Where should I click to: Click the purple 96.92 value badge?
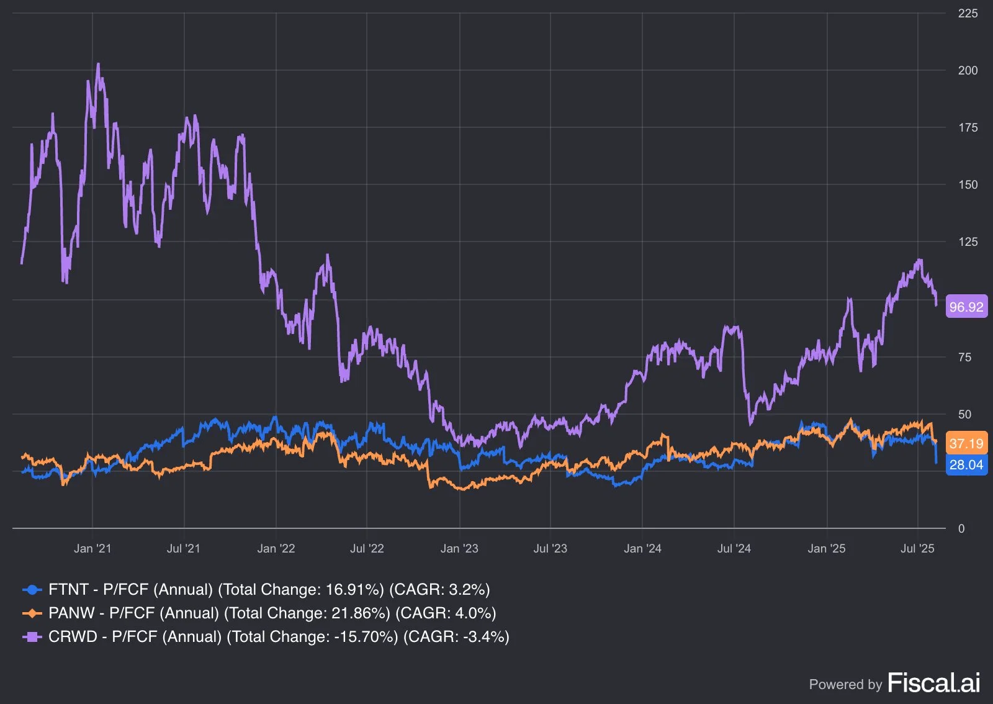(x=967, y=306)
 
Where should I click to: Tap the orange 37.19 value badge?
(x=967, y=443)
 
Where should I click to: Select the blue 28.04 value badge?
(x=967, y=464)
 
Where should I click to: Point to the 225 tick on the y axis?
(x=968, y=13)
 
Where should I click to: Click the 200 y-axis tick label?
(x=968, y=71)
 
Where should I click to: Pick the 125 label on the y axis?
(x=968, y=242)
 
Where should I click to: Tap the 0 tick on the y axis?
(x=961, y=528)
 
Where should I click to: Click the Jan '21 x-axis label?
(x=92, y=548)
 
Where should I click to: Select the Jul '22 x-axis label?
(x=367, y=548)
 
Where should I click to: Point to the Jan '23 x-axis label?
(x=459, y=548)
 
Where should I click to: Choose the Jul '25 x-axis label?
(x=917, y=548)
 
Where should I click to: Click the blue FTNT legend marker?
(x=32, y=590)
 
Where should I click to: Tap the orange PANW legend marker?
(x=32, y=613)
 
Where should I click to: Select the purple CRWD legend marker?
(x=32, y=636)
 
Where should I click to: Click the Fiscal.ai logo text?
(x=933, y=683)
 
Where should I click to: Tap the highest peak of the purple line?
(x=98, y=65)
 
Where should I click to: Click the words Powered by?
(x=845, y=685)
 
